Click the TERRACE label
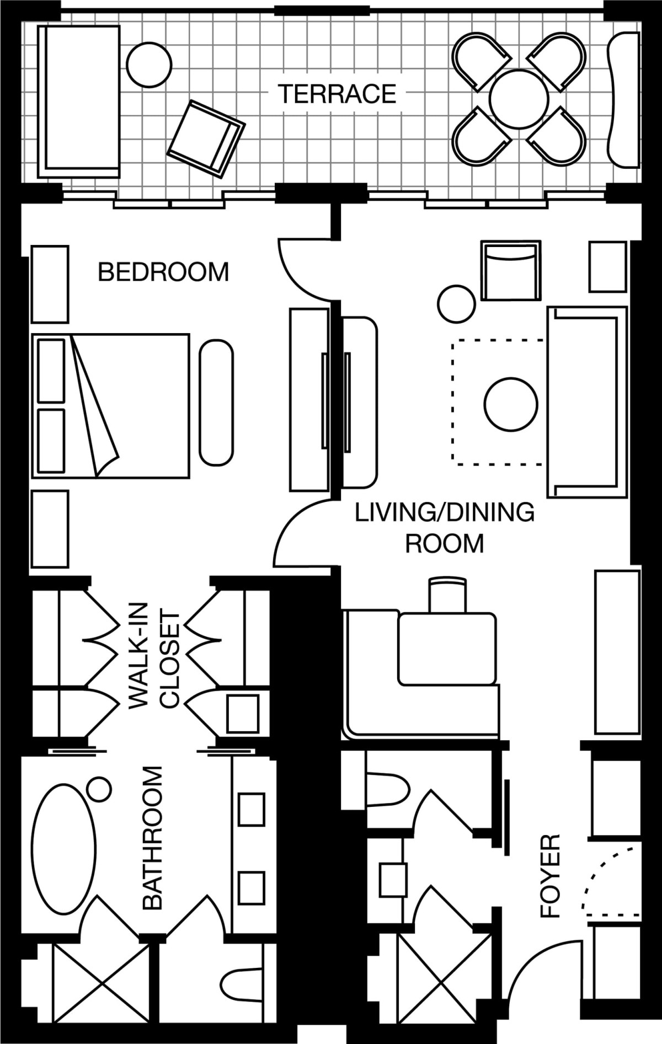pos(337,94)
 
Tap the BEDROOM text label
pos(163,272)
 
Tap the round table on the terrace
pos(519,99)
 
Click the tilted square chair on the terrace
pos(206,139)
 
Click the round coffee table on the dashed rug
pos(511,405)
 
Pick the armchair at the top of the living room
pos(510,270)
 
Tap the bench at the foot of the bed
pos(216,403)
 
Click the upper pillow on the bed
pos(51,370)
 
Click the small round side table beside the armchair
pos(457,304)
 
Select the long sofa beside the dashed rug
pos(587,402)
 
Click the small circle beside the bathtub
pos(99,789)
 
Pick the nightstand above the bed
pos(50,284)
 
